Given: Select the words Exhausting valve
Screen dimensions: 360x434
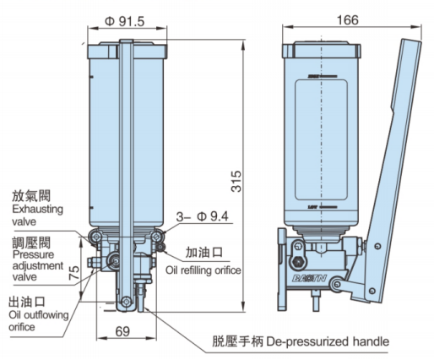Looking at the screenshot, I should pos(35,214).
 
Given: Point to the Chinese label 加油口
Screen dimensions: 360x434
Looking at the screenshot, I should pos(203,253).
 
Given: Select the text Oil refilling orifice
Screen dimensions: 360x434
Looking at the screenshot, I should pos(203,270).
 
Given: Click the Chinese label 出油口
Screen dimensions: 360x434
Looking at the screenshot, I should pos(25,301).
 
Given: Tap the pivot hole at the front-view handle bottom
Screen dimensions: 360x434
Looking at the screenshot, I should pos(125,300).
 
